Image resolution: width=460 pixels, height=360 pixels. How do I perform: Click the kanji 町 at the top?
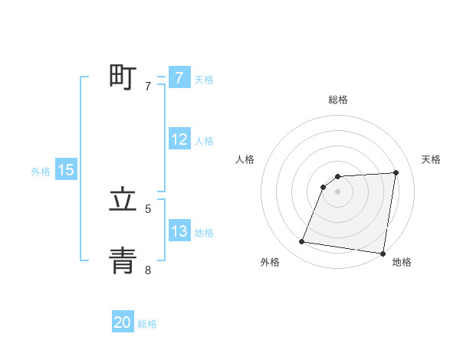(x=123, y=77)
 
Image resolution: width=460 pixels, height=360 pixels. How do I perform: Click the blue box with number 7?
(x=179, y=78)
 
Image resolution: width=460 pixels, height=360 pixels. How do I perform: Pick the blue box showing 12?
(x=179, y=140)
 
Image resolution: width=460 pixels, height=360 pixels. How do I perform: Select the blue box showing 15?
(x=66, y=171)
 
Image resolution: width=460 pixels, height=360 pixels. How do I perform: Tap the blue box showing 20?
(x=123, y=323)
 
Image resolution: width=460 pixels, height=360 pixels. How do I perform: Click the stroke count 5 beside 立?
(x=148, y=208)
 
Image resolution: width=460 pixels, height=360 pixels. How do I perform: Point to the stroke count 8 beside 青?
(x=148, y=270)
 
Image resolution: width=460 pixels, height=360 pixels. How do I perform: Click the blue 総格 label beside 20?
(x=147, y=324)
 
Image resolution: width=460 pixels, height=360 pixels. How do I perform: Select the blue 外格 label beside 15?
(x=41, y=172)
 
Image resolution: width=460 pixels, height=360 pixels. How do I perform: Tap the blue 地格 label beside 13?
(x=204, y=233)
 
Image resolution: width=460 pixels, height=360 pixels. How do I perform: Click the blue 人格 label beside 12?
(x=204, y=141)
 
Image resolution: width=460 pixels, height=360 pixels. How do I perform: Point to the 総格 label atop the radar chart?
(x=338, y=100)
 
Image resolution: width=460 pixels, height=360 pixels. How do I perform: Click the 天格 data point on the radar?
(x=396, y=172)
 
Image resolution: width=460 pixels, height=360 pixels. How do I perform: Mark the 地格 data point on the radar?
(x=383, y=254)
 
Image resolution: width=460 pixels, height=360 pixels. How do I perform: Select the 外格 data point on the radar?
(x=302, y=242)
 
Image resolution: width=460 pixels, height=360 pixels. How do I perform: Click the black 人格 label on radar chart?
(x=245, y=159)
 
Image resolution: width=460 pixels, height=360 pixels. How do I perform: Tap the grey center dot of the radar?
(x=338, y=191)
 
